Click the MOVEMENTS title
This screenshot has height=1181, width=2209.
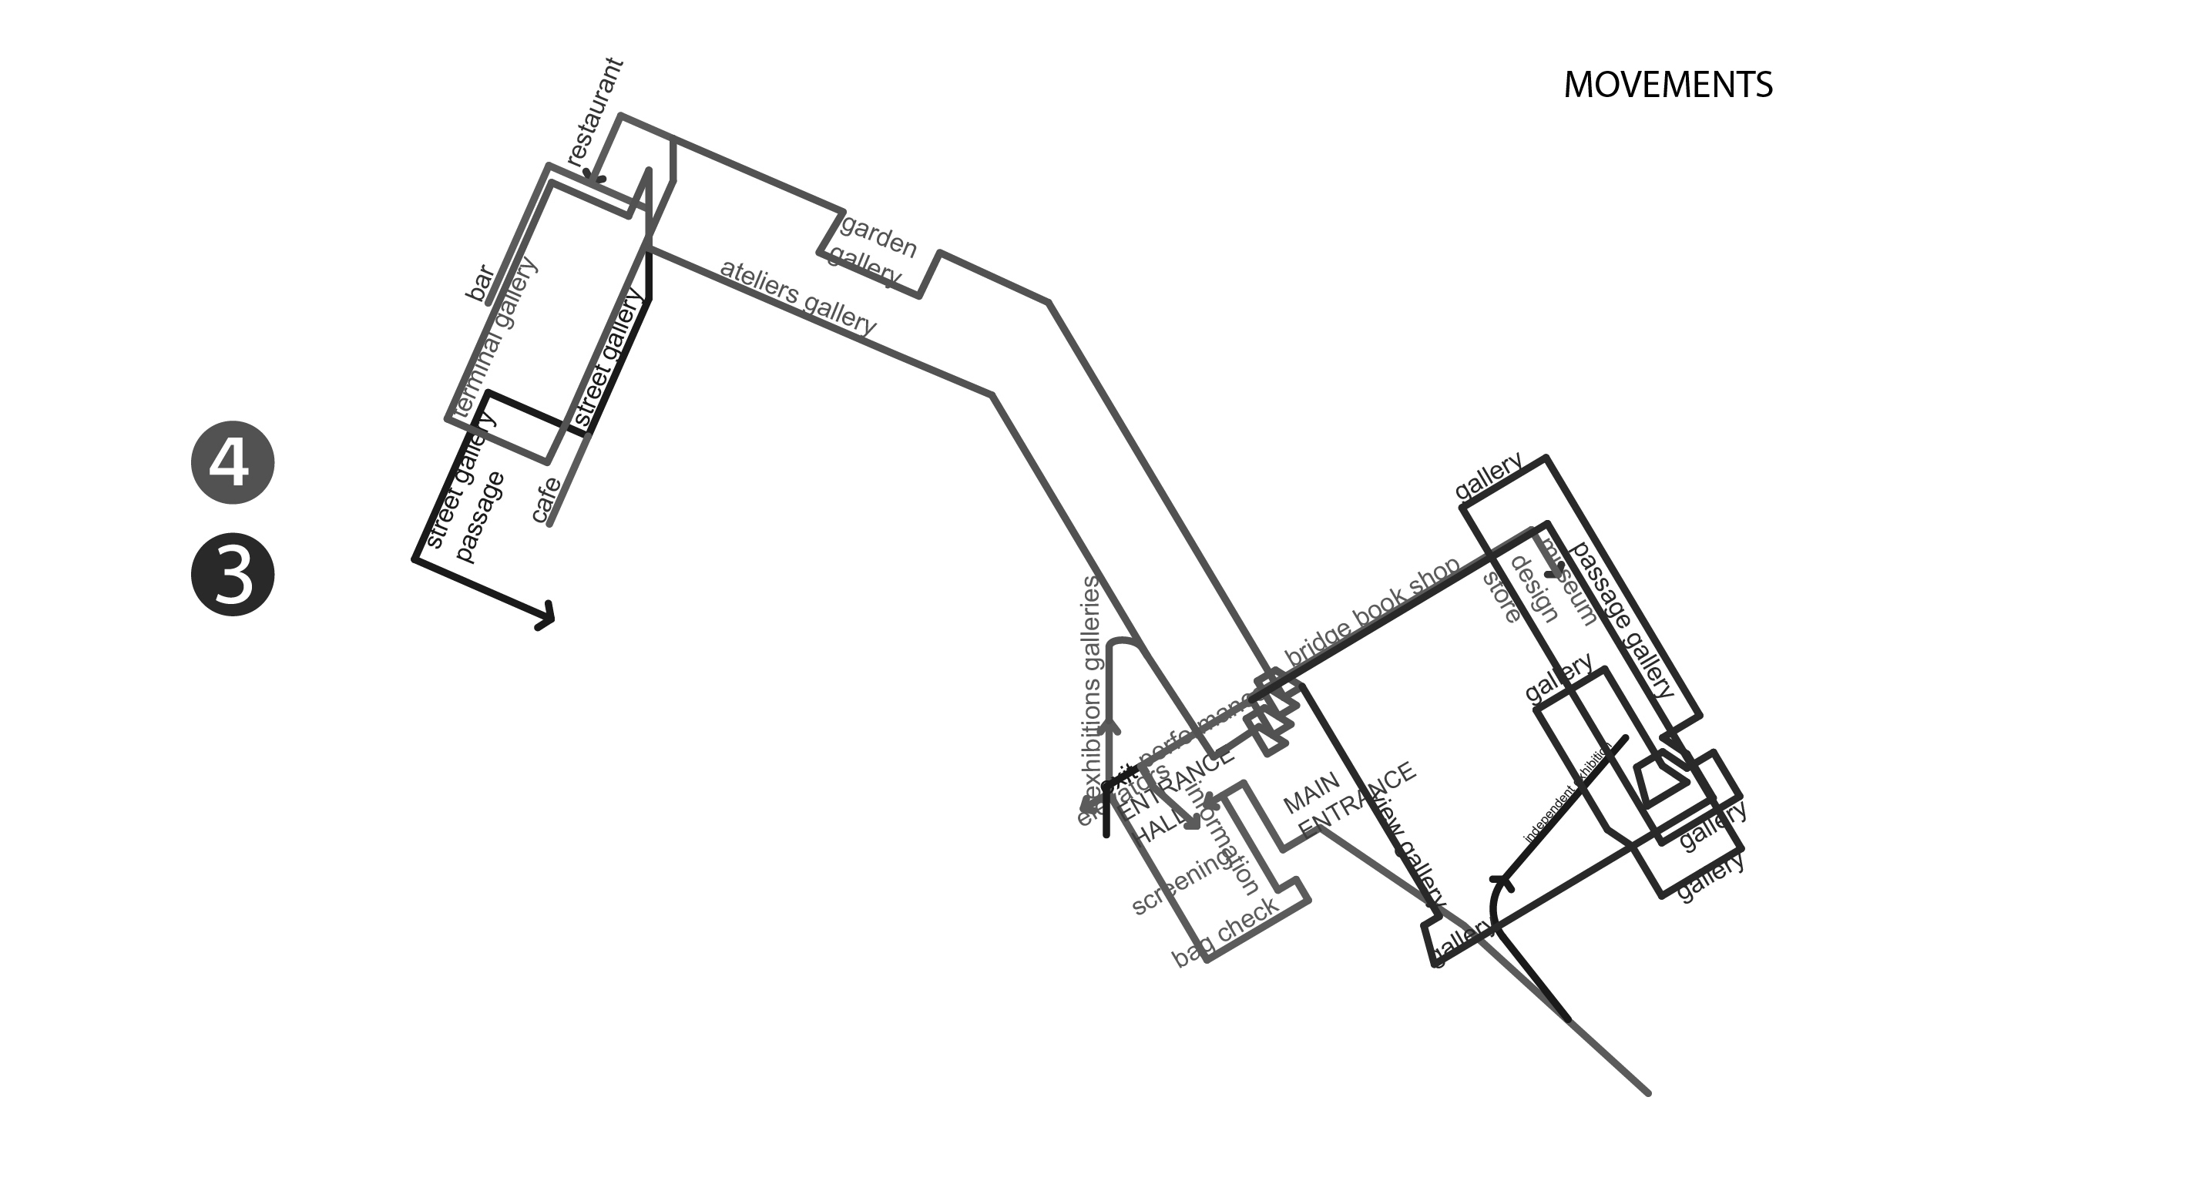coord(1667,85)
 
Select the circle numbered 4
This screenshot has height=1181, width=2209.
coord(233,462)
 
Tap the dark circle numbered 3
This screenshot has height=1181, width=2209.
coord(233,575)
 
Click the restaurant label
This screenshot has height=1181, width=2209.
coord(594,112)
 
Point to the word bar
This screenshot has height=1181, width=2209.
coord(480,283)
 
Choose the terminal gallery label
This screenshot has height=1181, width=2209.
coord(495,339)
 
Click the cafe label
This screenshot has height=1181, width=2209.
coord(546,500)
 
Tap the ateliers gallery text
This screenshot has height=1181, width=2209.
coord(797,297)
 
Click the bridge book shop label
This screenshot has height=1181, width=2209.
coord(1371,610)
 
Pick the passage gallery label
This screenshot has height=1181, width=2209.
coord(1622,619)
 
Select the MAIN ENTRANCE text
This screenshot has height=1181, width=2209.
coord(1346,800)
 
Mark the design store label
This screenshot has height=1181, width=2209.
coord(1518,590)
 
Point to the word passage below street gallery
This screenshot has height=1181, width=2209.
coord(479,516)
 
